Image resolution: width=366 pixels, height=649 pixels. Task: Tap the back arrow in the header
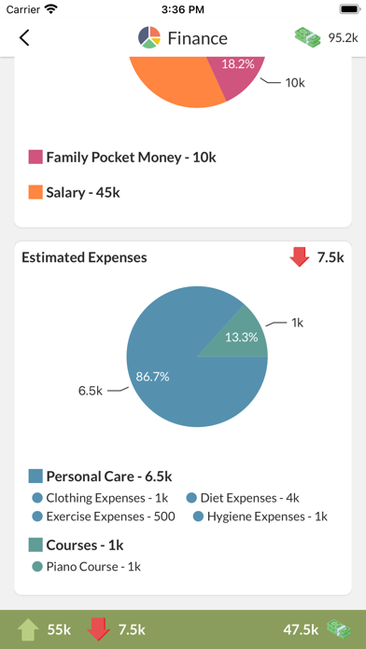coord(24,37)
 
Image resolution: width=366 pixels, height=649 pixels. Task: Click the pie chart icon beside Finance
coord(149,37)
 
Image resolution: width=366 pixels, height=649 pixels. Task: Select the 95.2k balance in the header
coord(343,37)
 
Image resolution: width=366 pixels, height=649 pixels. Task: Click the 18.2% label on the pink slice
coord(238,64)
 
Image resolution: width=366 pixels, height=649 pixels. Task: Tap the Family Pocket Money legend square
coord(35,158)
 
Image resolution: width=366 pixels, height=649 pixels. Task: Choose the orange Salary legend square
coord(35,192)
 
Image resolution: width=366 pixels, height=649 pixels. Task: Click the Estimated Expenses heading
coord(84,257)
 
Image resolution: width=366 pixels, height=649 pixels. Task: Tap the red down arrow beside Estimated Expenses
coord(300,257)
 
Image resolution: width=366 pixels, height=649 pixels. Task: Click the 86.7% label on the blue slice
coord(152,377)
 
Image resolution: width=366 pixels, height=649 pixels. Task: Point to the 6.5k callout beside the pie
coord(91,391)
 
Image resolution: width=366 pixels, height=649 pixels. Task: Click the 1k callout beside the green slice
coord(298,324)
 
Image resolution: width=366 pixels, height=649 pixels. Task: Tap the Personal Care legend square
coord(35,476)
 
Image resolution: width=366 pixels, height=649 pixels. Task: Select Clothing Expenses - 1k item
coord(100,498)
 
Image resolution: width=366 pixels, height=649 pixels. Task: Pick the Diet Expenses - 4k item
coord(243,498)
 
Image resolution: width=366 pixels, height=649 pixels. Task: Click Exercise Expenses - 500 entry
coord(104,517)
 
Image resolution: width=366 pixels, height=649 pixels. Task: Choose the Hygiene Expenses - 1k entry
coord(260,517)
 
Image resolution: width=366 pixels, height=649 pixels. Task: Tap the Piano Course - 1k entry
coord(87,567)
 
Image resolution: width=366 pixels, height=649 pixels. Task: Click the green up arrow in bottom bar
coord(28,630)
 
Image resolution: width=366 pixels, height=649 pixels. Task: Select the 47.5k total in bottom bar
coord(301,630)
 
